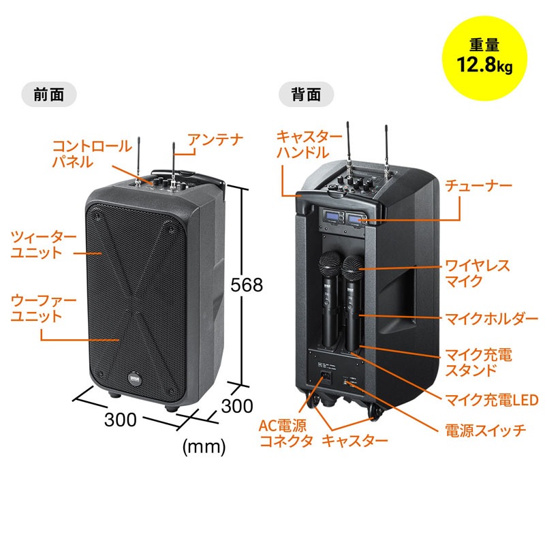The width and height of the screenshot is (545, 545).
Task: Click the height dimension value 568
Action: (247, 285)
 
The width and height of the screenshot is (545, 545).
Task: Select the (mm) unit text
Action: (204, 448)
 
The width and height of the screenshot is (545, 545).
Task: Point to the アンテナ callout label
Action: (215, 140)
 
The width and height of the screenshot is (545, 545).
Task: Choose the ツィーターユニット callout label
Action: (44, 245)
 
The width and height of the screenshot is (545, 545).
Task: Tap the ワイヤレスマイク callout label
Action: (477, 272)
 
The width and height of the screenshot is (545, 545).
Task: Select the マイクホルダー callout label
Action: (486, 318)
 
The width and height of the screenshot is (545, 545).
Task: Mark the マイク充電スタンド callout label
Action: (477, 362)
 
